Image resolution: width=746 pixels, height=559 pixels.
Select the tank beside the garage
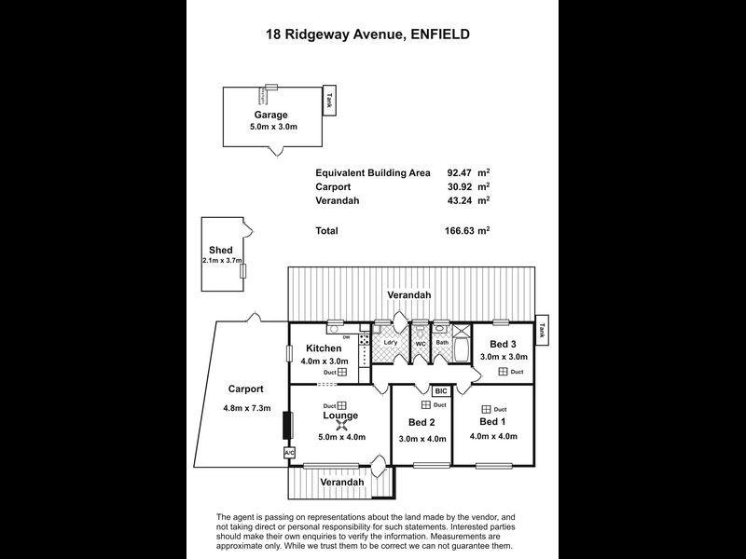point(328,101)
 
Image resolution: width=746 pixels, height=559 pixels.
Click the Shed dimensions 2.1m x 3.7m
point(222,261)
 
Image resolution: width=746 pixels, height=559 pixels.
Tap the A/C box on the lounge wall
point(288,452)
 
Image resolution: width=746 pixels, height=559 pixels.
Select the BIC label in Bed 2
point(441,391)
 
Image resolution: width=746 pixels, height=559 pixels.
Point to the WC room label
point(421,342)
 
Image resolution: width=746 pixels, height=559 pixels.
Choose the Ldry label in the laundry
point(391,342)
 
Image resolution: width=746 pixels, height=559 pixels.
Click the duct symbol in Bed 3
point(503,372)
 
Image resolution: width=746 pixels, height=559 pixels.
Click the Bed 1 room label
point(491,421)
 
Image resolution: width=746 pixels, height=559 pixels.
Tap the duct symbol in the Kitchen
point(342,372)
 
